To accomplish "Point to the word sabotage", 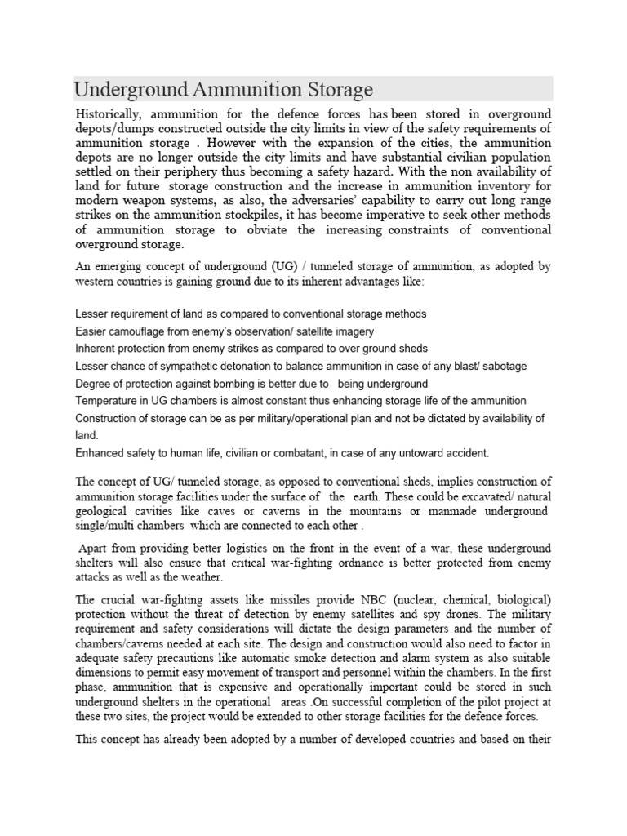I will [x=500, y=366].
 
